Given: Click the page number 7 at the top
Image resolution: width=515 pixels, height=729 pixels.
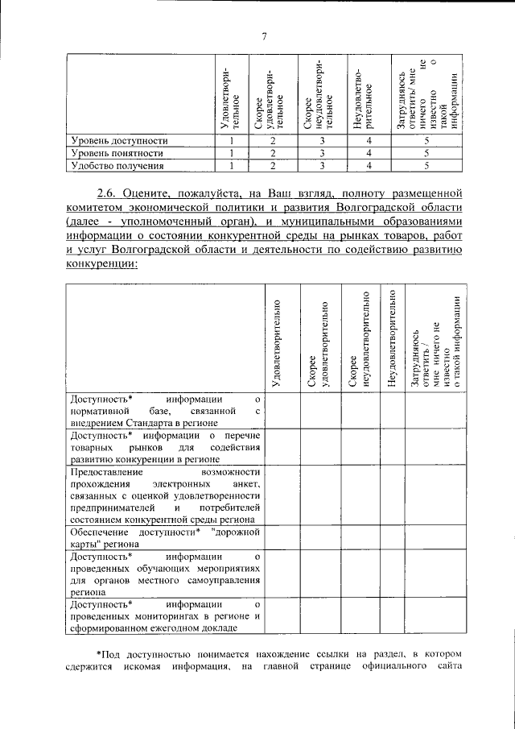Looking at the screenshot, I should [x=263, y=35].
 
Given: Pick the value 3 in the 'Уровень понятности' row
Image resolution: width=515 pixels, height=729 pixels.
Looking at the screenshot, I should [x=321, y=153].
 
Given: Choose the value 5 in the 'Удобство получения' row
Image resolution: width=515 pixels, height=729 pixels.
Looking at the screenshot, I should [x=426, y=166].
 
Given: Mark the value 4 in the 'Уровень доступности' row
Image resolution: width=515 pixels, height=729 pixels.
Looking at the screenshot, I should [x=368, y=140].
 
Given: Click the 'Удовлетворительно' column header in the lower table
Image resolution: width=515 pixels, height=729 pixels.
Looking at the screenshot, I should [x=278, y=342].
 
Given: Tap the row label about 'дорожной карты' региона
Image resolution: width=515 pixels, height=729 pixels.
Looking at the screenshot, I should [x=165, y=538].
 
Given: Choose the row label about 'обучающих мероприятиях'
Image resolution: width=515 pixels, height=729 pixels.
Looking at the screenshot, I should [x=165, y=573].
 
